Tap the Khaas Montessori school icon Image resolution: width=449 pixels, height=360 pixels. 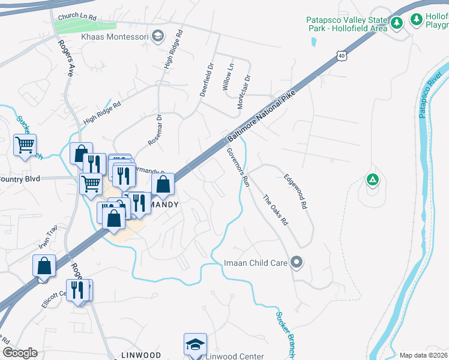tap(158, 36)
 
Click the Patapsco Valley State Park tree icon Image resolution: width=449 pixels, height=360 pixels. tap(396, 23)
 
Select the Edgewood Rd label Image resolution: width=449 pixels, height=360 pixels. tap(295, 191)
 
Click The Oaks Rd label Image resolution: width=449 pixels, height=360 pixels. tap(276, 210)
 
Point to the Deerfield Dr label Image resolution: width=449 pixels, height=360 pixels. tap(206, 80)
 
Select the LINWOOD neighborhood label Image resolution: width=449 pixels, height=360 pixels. tap(141, 355)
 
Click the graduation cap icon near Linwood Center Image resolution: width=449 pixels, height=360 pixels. tap(195, 344)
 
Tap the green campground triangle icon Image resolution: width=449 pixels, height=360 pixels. tap(373, 179)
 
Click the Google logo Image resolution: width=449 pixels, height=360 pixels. tap(20, 353)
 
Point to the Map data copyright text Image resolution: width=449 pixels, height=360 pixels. tap(423, 355)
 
